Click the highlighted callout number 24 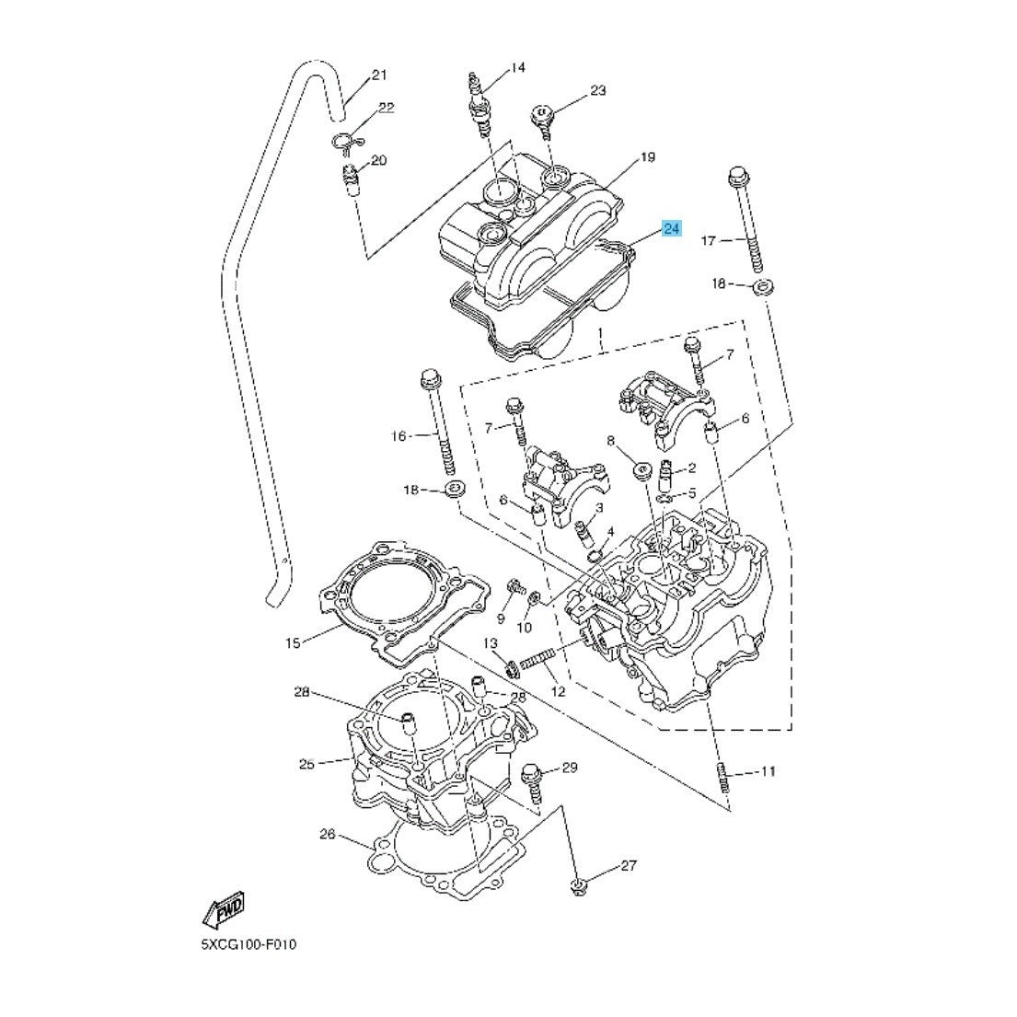[672, 227]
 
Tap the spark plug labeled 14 [480, 106]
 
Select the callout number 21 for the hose [380, 75]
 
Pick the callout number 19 [647, 157]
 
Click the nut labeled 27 [577, 886]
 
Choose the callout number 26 [327, 836]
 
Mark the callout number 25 [306, 763]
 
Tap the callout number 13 [490, 642]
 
